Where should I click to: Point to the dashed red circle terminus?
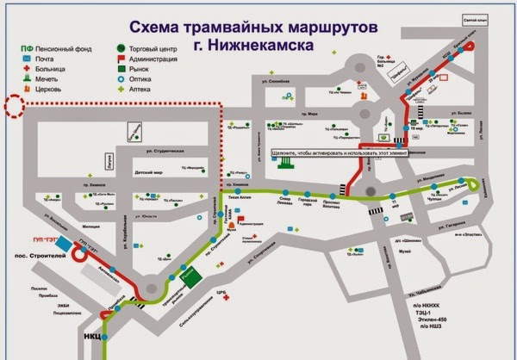(16, 106)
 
